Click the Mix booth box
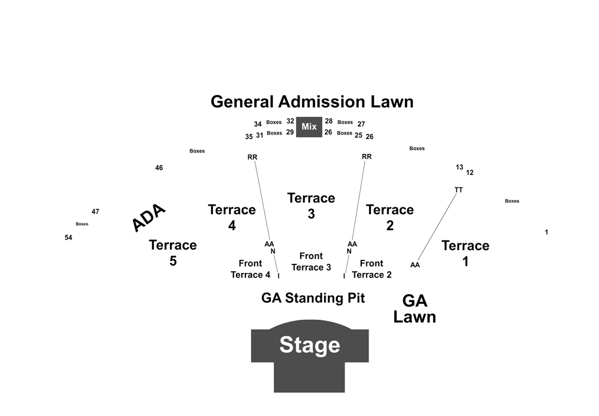[309, 127]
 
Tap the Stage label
[310, 345]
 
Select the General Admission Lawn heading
[312, 102]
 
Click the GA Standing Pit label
[313, 297]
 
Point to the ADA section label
[148, 218]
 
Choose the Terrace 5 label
[173, 252]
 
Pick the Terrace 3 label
[311, 206]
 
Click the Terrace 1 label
[466, 254]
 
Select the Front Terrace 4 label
[250, 269]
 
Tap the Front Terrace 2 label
[372, 269]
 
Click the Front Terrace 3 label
[311, 262]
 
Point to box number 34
[258, 124]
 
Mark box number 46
[159, 168]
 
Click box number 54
[68, 238]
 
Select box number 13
[459, 167]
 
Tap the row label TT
[459, 190]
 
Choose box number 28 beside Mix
[329, 121]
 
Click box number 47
[95, 211]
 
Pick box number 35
[249, 137]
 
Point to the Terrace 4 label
[232, 218]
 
